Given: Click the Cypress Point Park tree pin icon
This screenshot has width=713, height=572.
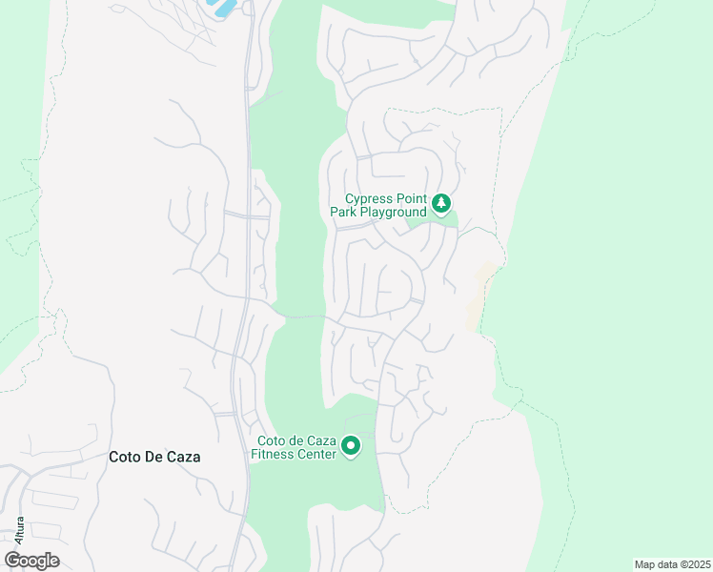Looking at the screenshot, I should [441, 203].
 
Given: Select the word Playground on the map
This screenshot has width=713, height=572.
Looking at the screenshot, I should [392, 213].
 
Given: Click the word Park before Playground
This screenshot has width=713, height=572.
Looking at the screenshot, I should [343, 213].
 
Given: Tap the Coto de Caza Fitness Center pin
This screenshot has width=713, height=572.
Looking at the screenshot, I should [351, 445].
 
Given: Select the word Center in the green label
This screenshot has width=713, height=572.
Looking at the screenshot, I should [315, 455].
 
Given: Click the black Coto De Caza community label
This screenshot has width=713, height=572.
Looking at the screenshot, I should [153, 457].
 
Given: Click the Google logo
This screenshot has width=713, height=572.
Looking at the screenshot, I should [31, 561].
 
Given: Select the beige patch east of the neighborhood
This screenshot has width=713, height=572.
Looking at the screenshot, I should [479, 296].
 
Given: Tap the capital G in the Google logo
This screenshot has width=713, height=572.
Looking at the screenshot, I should [12, 561].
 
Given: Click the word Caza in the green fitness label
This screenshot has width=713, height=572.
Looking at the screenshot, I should [321, 441].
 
